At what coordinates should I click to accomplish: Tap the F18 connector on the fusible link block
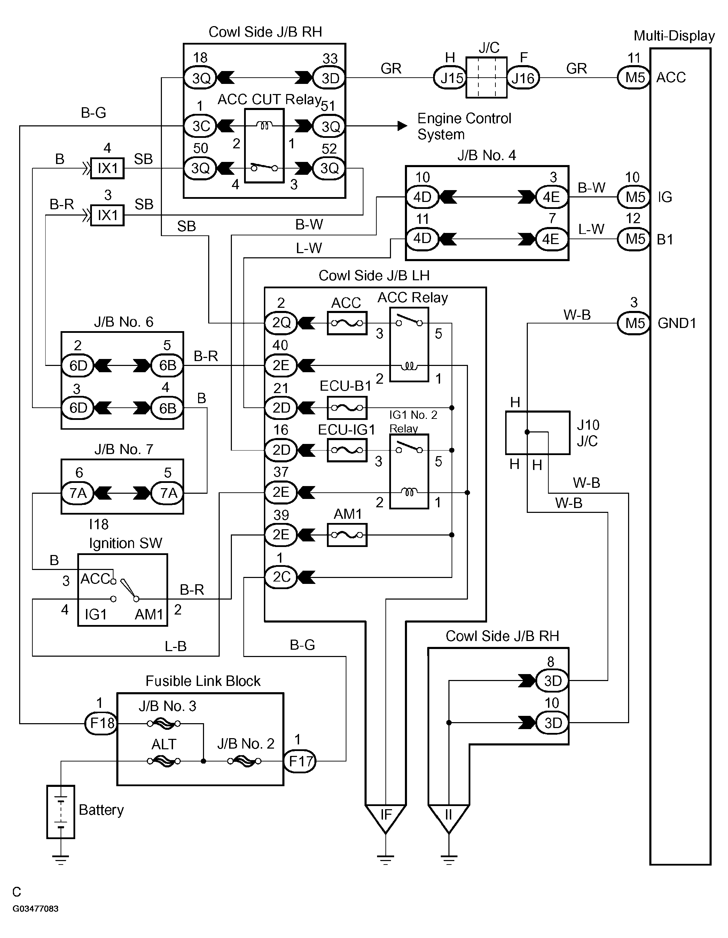click(101, 723)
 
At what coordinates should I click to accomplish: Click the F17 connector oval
click(300, 761)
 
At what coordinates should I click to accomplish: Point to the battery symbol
click(61, 812)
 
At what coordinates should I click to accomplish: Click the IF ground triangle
click(386, 816)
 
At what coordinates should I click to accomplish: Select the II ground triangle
click(448, 816)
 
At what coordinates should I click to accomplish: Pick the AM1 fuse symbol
click(347, 535)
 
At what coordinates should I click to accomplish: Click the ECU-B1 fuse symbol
click(347, 408)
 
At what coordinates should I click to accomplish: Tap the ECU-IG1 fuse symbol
click(347, 450)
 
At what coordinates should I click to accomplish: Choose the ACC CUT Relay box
click(264, 146)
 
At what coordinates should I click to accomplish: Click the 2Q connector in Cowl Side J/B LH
click(281, 322)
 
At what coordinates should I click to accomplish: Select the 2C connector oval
click(281, 577)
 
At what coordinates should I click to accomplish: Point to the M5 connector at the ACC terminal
click(634, 78)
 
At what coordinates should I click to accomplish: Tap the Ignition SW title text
click(125, 543)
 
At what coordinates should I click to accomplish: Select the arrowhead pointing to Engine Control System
click(402, 126)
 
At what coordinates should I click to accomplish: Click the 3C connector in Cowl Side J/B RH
click(201, 126)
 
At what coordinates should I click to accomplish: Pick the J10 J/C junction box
click(538, 432)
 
